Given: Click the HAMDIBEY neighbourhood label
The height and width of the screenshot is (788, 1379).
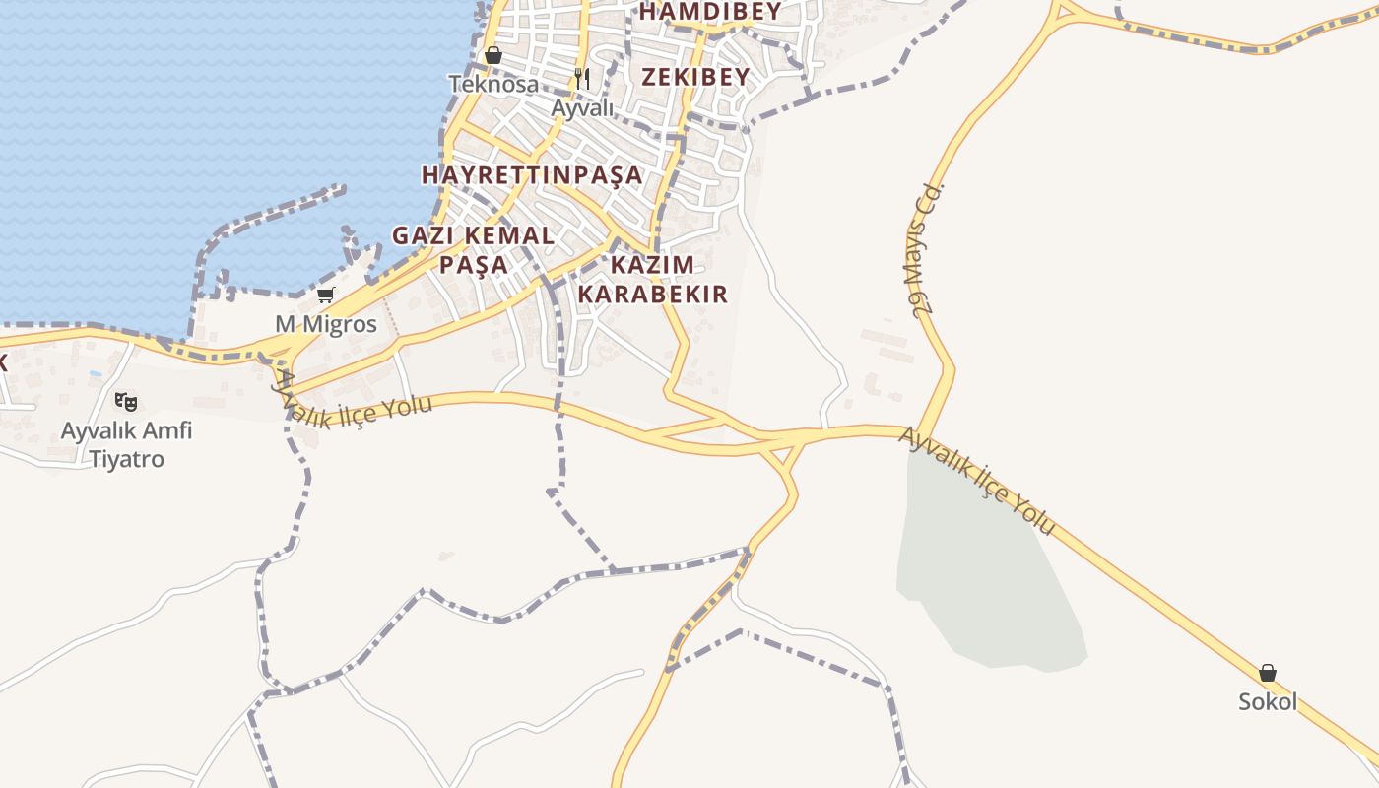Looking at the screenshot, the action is tap(710, 12).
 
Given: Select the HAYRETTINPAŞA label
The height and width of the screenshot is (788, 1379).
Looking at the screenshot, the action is tap(532, 175).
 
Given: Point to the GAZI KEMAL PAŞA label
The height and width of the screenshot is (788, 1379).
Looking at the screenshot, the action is tap(474, 249).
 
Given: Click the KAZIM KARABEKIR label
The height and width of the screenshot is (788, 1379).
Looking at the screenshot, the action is tap(652, 279).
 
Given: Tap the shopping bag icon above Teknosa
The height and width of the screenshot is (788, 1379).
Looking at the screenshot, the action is tap(493, 55).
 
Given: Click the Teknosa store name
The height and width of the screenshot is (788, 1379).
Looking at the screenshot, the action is tap(493, 84).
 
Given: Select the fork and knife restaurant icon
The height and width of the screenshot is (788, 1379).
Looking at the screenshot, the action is tap(582, 78).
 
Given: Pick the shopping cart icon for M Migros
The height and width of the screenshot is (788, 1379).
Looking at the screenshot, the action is tap(326, 295).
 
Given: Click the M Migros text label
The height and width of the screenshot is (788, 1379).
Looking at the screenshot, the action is tap(326, 324).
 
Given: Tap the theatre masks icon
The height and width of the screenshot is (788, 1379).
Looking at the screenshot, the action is tap(125, 401).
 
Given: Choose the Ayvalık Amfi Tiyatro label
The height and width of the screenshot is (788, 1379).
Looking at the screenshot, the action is tap(126, 444).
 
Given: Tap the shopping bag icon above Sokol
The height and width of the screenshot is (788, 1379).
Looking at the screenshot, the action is tap(1268, 674).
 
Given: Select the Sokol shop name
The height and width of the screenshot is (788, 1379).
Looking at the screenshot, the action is tap(1268, 702).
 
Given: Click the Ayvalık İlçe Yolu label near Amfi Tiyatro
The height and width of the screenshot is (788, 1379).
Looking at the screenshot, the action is tap(355, 400).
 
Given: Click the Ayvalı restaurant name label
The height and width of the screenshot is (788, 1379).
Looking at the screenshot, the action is tap(582, 107).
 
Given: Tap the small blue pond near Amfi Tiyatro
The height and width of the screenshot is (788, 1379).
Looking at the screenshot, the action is tap(95, 374).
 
